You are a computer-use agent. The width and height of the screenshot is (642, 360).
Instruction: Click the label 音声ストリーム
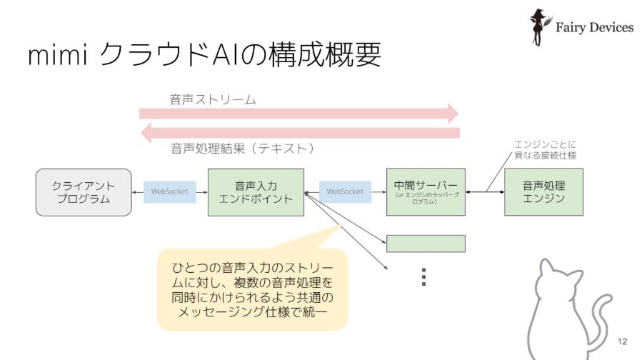[212, 99]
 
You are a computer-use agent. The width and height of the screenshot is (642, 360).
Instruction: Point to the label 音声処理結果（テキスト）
[242, 149]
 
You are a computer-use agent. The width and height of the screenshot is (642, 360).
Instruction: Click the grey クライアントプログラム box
[84, 192]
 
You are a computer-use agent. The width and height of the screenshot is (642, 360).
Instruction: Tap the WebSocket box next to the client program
[169, 191]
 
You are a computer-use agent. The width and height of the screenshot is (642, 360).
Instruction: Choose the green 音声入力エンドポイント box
[256, 192]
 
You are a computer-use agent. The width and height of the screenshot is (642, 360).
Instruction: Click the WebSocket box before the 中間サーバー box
[345, 191]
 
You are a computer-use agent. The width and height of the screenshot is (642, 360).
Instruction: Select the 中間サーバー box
[425, 192]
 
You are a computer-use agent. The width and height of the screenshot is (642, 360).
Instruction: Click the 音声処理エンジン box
[543, 192]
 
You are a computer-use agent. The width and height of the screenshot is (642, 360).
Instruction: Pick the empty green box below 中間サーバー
[426, 243]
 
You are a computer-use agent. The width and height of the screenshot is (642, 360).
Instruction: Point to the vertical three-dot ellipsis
[423, 276]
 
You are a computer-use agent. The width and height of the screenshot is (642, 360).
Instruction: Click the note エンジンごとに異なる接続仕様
[545, 150]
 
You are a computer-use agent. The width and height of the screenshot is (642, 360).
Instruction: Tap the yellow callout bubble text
[252, 289]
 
